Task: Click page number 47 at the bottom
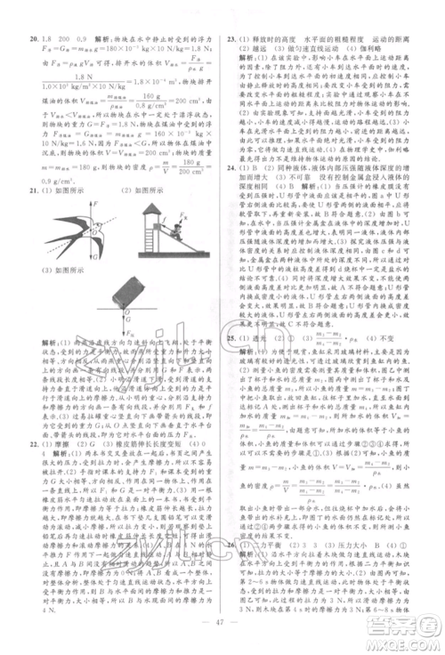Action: [x=222, y=626]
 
